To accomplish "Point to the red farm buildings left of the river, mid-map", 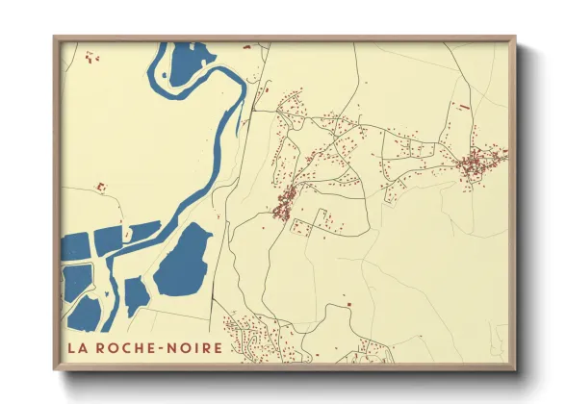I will coord(99,186).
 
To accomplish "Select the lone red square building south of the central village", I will coord(348,305).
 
